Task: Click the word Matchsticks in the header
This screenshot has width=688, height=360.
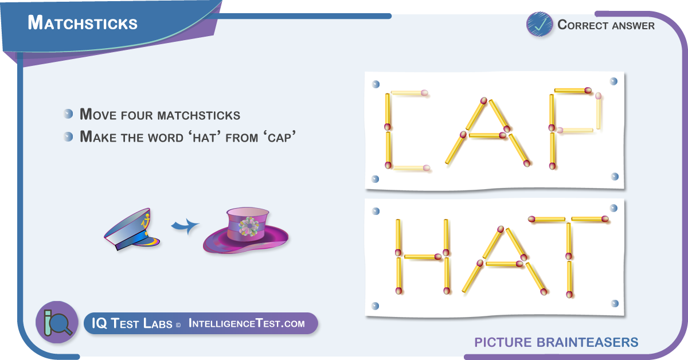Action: (83, 23)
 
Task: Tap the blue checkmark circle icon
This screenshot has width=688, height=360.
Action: (540, 24)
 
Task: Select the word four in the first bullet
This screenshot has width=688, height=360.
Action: (137, 115)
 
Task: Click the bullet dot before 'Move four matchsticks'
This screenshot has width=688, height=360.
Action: (68, 114)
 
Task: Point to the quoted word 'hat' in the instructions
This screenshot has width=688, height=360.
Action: (204, 138)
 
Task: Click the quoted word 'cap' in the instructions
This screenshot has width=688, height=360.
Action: (279, 138)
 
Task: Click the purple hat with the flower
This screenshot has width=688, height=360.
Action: (245, 230)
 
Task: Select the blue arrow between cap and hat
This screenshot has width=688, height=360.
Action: (185, 226)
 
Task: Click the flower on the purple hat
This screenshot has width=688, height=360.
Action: (248, 226)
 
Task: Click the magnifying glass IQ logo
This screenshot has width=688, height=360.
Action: (57, 322)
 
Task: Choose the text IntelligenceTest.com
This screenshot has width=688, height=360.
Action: (247, 323)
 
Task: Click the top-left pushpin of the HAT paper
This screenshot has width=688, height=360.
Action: (376, 211)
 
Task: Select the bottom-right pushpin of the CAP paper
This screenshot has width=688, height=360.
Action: (615, 177)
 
